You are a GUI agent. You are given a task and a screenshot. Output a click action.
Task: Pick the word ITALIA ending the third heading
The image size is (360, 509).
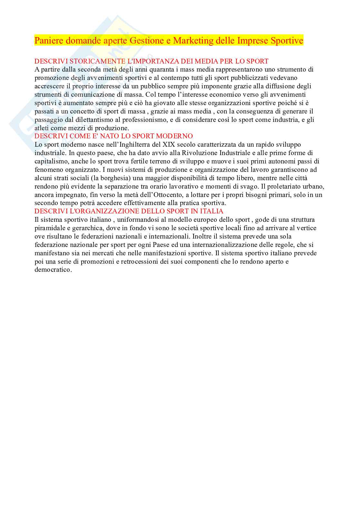213,211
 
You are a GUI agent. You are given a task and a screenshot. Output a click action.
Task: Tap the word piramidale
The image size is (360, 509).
50,228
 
